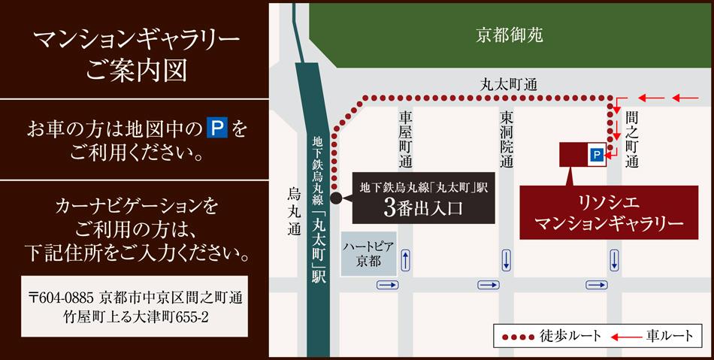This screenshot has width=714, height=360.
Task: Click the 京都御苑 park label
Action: click(510, 35)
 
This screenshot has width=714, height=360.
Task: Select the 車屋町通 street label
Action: click(406, 139)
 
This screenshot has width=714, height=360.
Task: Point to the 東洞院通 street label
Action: click(507, 139)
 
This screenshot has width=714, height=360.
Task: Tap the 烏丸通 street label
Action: click(294, 213)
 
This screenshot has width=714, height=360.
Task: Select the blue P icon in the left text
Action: click(217, 129)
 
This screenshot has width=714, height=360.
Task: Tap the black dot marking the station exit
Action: click(336, 199)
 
